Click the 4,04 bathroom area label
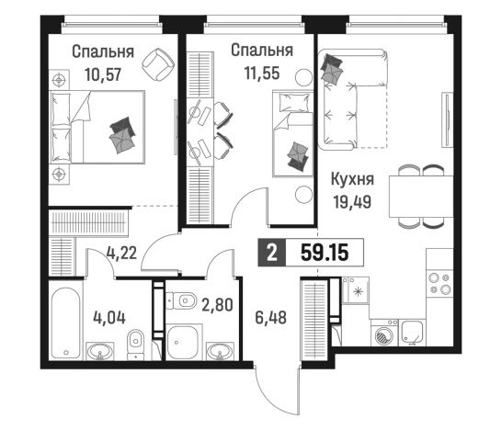[110, 321]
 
